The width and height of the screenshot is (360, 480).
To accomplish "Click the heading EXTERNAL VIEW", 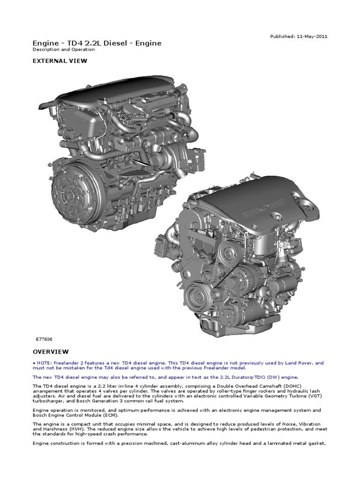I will point(60,60).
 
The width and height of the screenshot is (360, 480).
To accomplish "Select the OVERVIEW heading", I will point(51,352).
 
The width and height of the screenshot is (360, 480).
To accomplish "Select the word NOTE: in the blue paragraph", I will point(45,363).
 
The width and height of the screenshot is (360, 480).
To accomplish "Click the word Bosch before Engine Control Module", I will point(41,415).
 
